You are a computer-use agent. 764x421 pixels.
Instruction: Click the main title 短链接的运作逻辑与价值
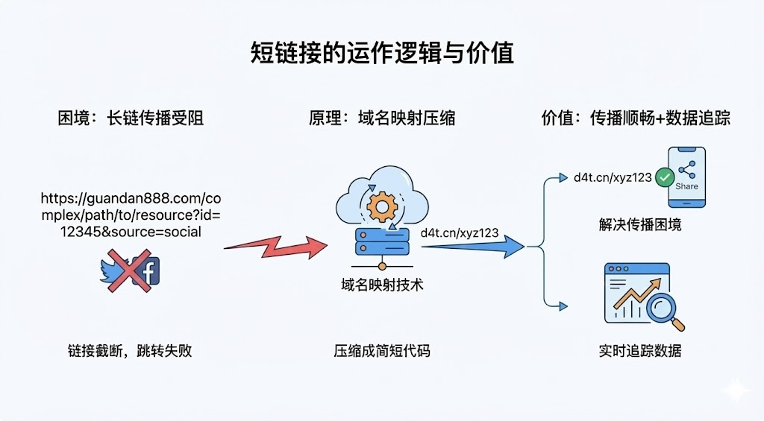point(381,54)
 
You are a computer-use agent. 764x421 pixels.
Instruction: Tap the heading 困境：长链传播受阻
point(131,118)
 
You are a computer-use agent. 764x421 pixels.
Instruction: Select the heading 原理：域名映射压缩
point(381,118)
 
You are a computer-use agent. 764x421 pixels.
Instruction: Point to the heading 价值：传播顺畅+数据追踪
point(635,118)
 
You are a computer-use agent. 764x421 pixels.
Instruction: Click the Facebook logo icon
point(146,272)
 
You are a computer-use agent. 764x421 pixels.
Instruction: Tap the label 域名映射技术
point(381,284)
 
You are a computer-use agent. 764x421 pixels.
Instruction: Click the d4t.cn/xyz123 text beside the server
point(460,232)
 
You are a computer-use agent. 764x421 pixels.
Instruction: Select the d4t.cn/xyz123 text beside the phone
point(613,177)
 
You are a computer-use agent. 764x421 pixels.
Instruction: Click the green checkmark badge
point(663,177)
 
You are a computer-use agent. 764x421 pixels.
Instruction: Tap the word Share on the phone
point(686,186)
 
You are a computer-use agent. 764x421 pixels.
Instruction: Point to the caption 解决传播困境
point(639,224)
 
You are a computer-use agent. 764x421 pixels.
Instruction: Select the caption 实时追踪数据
point(639,350)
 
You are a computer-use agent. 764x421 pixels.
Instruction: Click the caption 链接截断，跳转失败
point(130,350)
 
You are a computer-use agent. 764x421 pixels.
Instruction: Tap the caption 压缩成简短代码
point(381,350)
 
